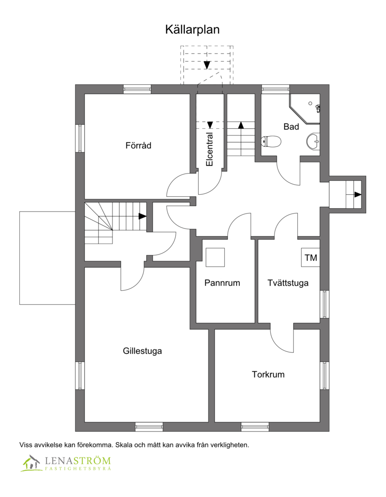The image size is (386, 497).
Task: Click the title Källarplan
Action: pos(193,30)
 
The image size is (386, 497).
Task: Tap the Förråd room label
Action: pos(138,145)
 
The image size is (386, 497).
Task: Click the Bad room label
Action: pos(291,127)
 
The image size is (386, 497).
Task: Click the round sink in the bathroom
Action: pos(313,141)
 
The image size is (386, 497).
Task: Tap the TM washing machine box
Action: pos(311,258)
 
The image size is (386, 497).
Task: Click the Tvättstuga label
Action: pos(288,283)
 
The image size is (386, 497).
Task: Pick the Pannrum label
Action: pos(222,283)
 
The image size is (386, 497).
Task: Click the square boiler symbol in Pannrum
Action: pos(215,257)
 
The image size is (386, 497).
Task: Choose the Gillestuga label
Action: pos(142,351)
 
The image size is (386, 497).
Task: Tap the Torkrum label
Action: pos(268,374)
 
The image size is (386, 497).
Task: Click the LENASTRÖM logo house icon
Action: pos(31,463)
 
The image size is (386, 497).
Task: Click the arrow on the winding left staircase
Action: pos(142,216)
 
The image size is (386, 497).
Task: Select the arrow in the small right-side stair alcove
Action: pos(358,195)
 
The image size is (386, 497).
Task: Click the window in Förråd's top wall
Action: pos(137,89)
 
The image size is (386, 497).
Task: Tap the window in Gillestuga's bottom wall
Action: pos(149,427)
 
